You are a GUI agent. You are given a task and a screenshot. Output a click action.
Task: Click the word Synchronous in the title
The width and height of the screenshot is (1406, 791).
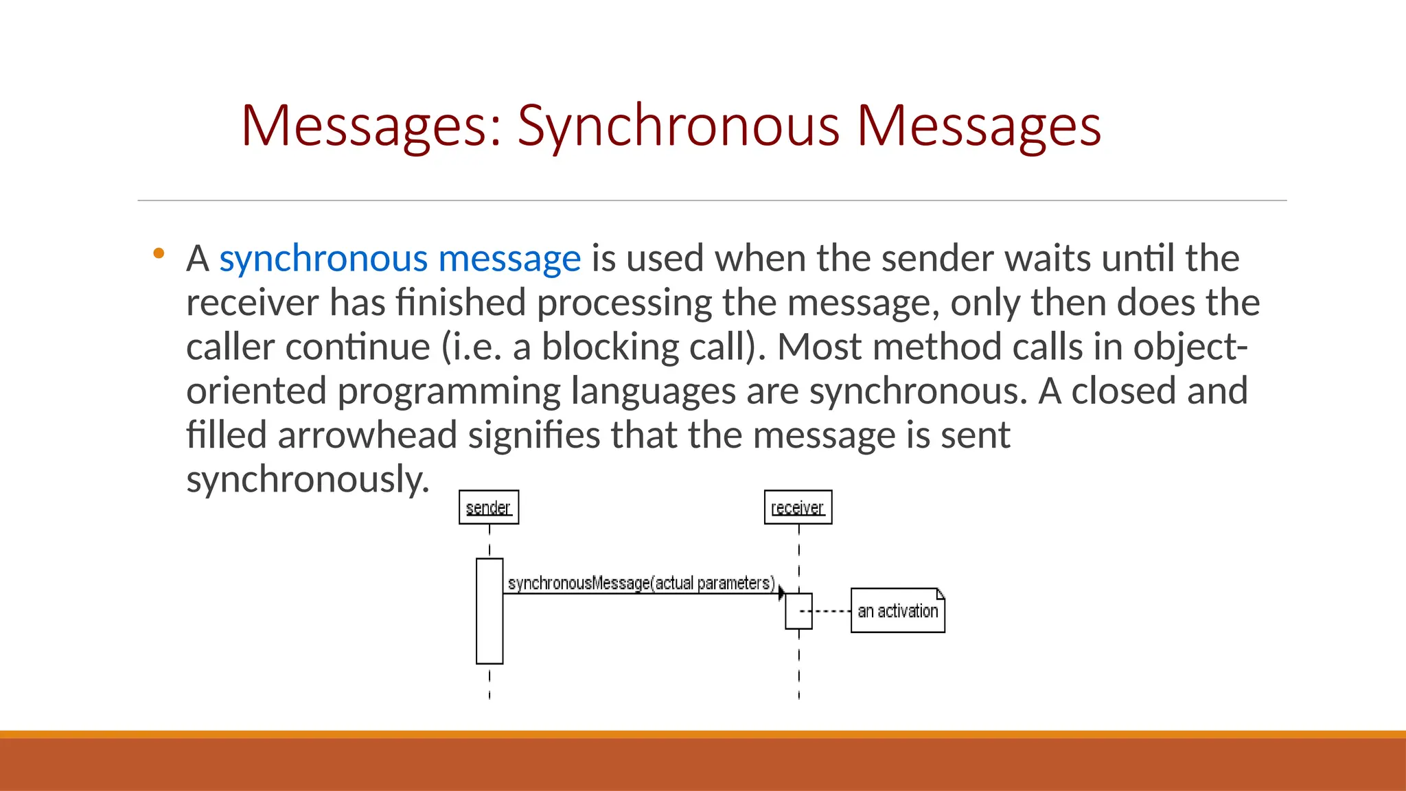tap(678, 126)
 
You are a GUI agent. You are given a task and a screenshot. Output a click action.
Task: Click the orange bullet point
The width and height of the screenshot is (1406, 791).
tap(159, 253)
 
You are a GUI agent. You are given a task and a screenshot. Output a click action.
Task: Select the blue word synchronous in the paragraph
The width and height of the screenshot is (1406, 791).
tap(323, 259)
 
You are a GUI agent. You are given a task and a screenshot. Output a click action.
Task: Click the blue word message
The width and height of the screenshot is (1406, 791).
tap(509, 259)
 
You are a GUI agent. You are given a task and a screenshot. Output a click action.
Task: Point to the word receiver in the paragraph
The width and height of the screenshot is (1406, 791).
tap(251, 303)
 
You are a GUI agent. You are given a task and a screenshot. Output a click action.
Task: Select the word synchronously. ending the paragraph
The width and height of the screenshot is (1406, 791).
tap(307, 479)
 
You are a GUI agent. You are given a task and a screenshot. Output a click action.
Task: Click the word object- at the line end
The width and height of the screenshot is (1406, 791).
tap(1190, 347)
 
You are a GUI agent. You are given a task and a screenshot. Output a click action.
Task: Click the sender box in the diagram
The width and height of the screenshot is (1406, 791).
tap(489, 507)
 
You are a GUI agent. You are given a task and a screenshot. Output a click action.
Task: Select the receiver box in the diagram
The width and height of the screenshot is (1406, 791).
tap(798, 507)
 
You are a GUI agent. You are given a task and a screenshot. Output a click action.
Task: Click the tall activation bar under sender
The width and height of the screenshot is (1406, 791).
tap(489, 611)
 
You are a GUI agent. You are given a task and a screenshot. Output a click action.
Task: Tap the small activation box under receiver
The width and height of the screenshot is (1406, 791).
tap(798, 611)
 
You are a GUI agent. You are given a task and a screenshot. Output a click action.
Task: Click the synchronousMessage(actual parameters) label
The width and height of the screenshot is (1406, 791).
tap(641, 583)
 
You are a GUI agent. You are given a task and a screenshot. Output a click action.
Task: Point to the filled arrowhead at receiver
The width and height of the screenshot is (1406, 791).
tap(781, 593)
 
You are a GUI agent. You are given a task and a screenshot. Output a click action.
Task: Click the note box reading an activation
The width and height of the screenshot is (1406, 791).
tap(897, 610)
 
